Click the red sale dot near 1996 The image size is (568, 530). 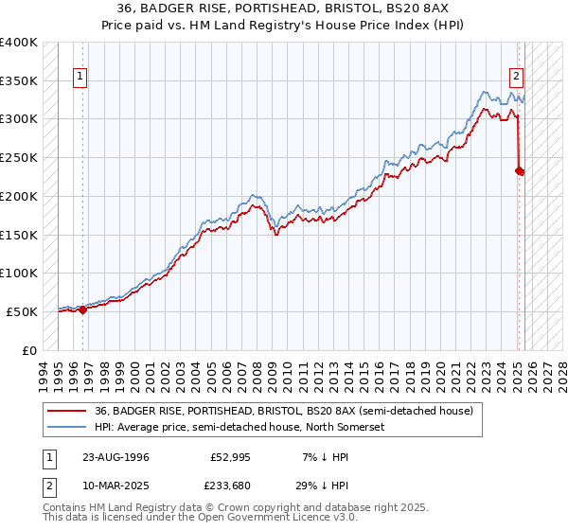coord(82,309)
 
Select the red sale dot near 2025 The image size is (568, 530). coord(519,170)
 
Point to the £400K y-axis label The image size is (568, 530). coord(19,43)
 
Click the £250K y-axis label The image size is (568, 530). coord(19,158)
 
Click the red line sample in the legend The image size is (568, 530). coord(67,410)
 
